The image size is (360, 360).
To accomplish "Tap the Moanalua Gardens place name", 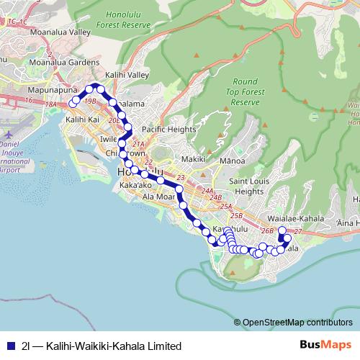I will [64, 62].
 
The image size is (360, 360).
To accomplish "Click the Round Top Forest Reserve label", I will [245, 92].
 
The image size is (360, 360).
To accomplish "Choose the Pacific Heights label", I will [168, 129].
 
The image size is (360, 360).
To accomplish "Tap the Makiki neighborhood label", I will [194, 158].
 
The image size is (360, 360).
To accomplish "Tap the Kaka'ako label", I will [135, 186].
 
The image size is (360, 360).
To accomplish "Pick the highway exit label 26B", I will [267, 230].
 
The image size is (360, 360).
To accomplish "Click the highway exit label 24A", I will [209, 191].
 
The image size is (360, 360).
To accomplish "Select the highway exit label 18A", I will [50, 104].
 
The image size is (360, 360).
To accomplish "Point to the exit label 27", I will [298, 230].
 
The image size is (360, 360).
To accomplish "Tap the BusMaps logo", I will [320, 345].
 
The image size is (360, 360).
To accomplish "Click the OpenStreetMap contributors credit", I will [297, 322].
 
